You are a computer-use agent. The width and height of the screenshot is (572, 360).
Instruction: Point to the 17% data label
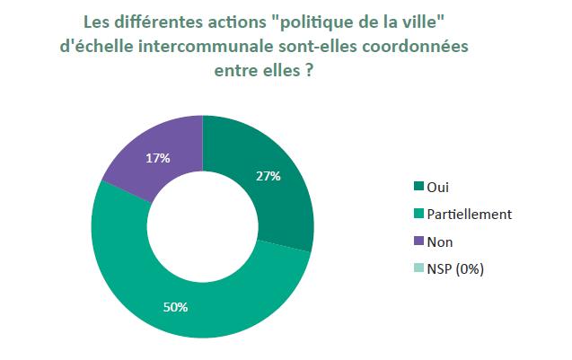pyautogui.click(x=158, y=158)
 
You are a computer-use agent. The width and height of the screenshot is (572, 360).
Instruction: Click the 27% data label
pyautogui.click(x=268, y=176)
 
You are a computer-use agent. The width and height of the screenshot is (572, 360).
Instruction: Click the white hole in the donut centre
pyautogui.click(x=202, y=226)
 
